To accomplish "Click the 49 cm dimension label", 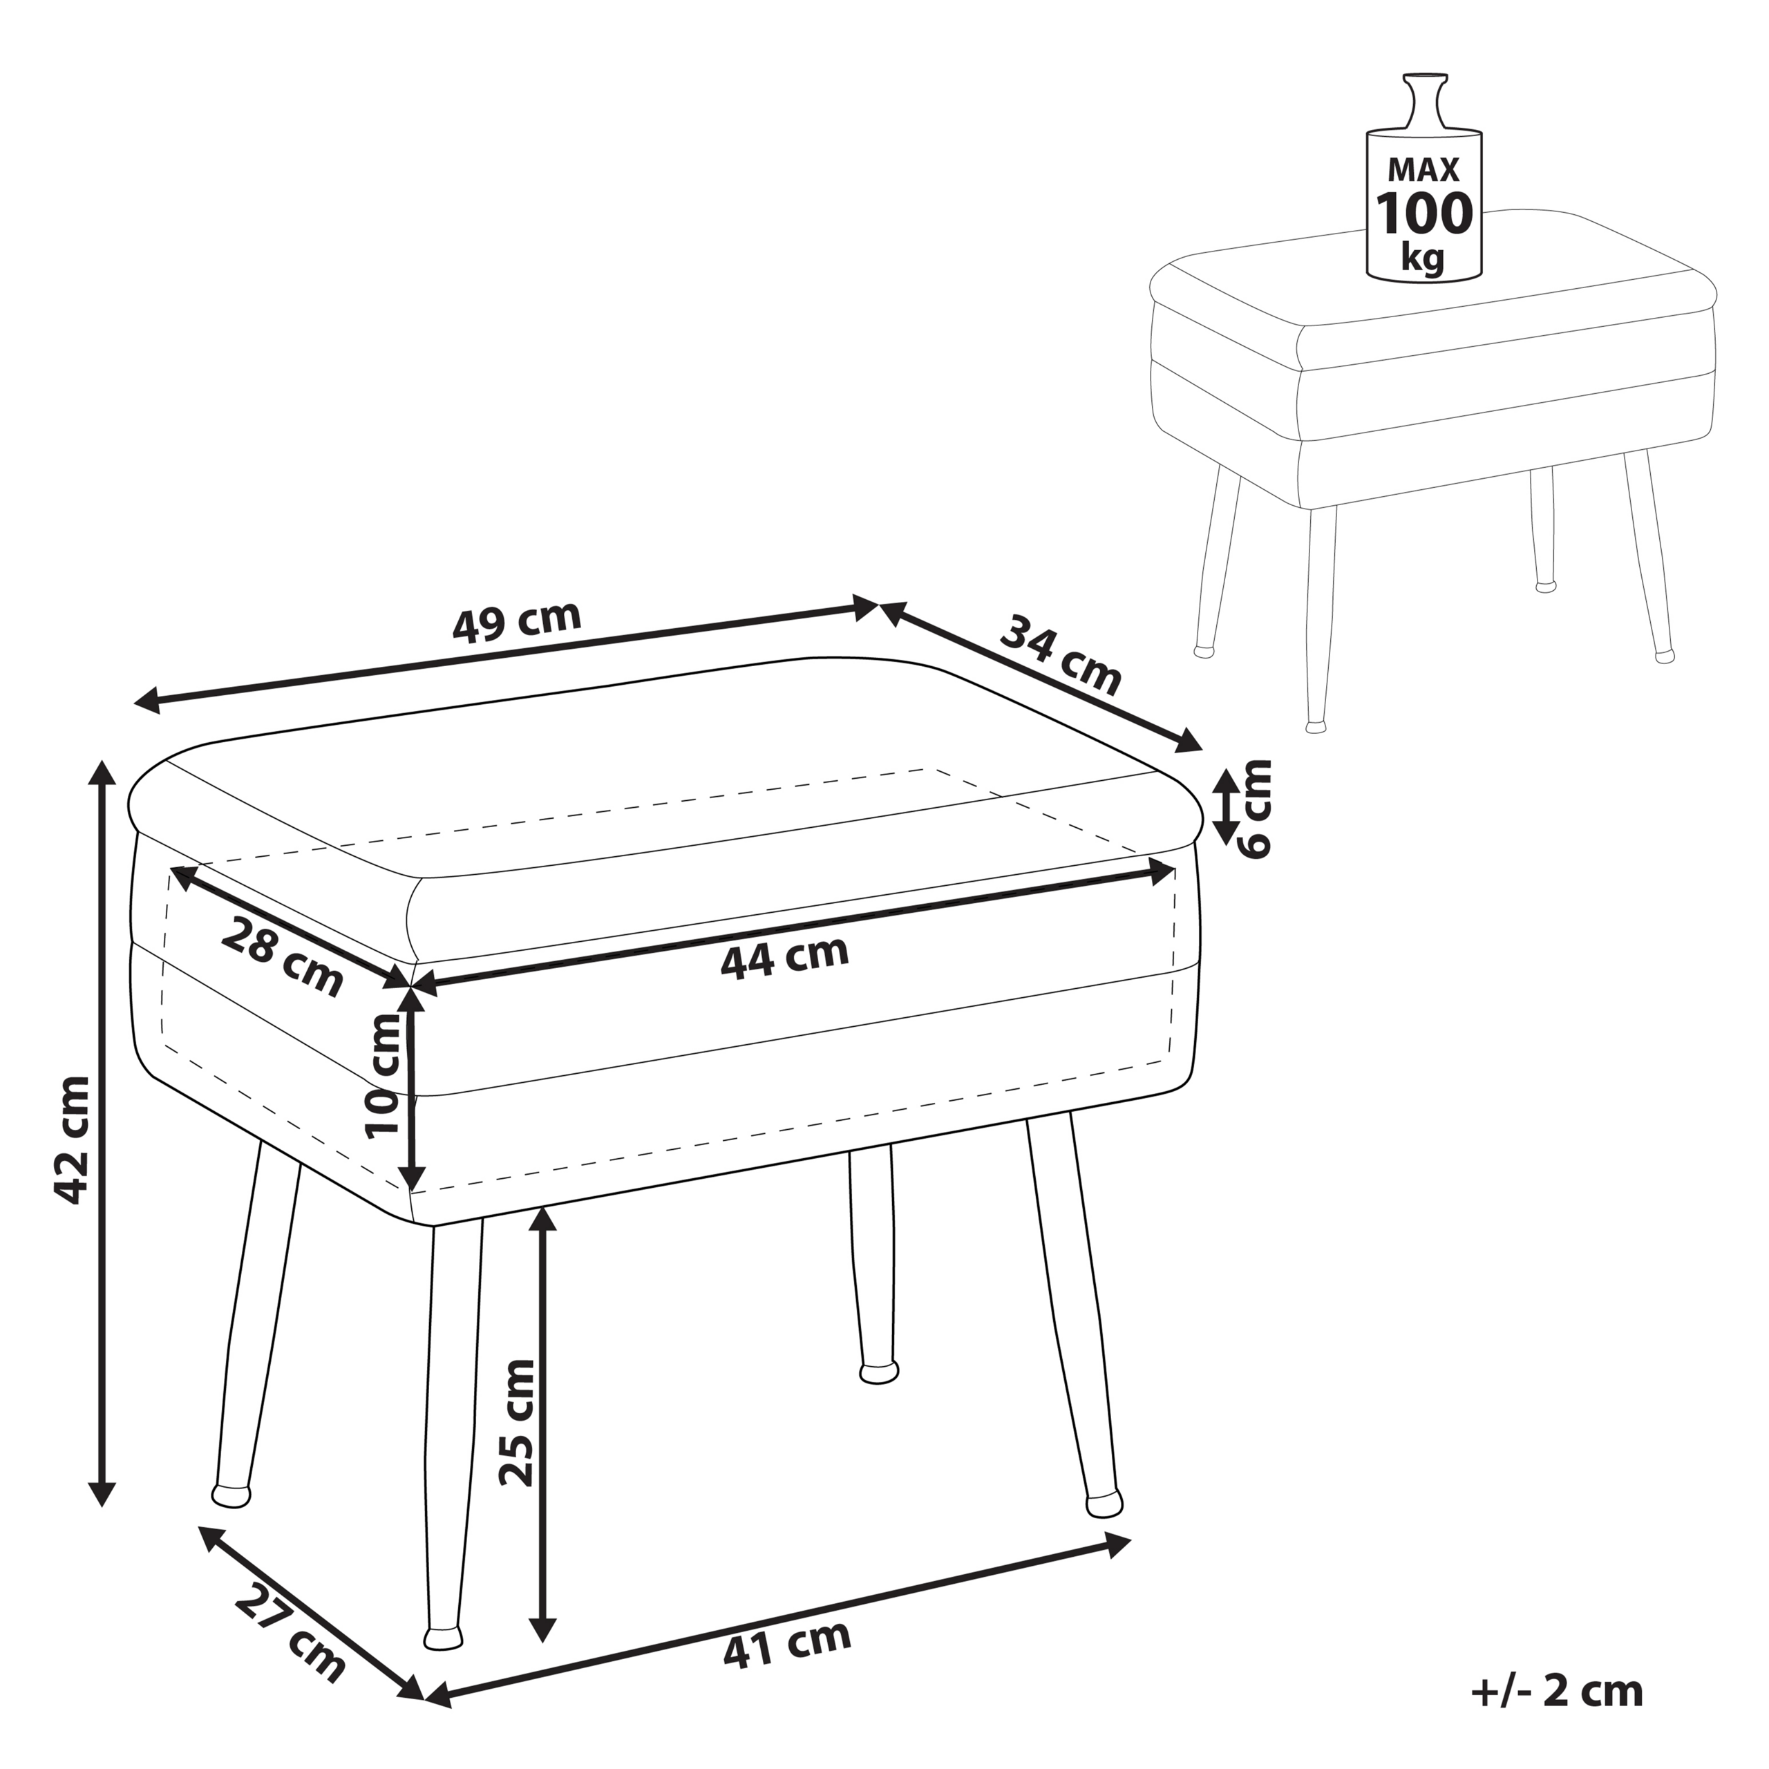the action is point(518,622).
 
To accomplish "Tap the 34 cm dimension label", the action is point(1060,656).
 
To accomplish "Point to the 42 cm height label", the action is point(73,1139).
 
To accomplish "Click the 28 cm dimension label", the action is point(282,956).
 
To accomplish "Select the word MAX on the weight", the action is point(1423,169).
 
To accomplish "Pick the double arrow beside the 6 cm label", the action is point(1225,806).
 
